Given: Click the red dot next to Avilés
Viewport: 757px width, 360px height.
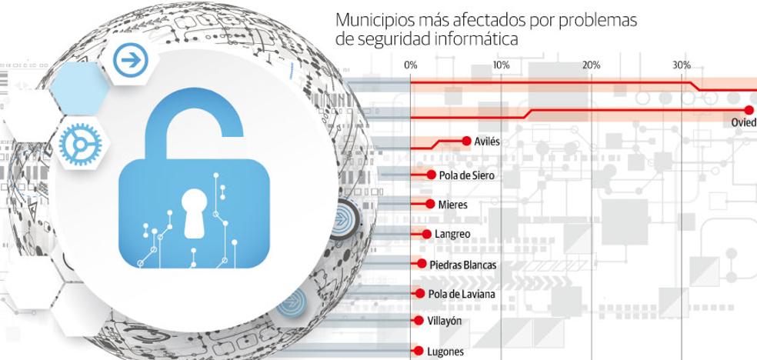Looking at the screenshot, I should point(466,141).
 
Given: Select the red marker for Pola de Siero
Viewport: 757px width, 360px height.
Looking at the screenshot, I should point(432,175).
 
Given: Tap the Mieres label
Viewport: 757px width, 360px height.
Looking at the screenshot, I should point(452,205).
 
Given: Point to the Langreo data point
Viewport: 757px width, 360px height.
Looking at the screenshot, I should point(428,234).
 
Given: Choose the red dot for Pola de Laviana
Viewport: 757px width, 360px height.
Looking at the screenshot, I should point(420,293).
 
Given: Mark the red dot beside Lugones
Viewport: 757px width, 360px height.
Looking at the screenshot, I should point(416,351).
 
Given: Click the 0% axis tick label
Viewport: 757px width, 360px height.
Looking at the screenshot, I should point(411,65).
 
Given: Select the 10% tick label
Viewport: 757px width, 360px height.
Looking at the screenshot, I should point(501,65).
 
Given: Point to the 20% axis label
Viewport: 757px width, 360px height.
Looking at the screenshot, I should point(591,65).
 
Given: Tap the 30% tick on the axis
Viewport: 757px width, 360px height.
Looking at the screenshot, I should point(681,65).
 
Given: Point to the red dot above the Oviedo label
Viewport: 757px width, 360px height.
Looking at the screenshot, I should point(749,110).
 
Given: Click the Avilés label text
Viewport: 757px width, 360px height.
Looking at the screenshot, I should point(488,142).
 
